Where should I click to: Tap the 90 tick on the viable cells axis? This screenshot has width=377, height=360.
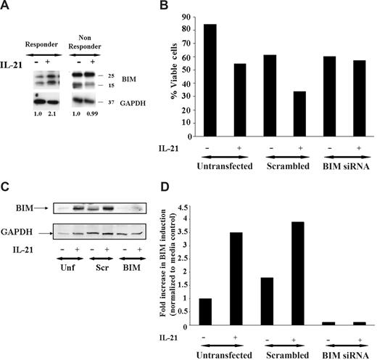point(188,16)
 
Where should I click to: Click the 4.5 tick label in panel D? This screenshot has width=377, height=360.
point(189,202)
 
